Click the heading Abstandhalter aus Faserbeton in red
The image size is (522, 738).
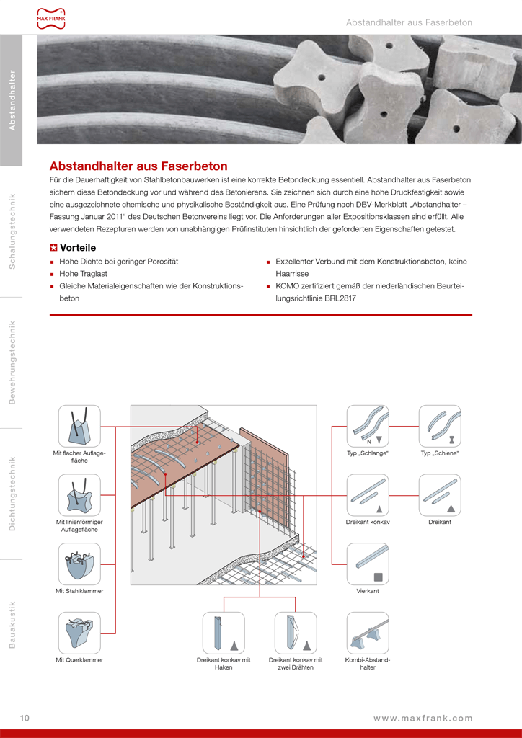pyautogui.click(x=138, y=166)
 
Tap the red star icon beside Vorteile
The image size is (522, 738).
pyautogui.click(x=53, y=247)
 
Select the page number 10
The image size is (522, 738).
pyautogui.click(x=25, y=718)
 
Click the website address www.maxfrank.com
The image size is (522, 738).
pyautogui.click(x=423, y=718)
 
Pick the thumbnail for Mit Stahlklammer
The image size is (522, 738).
pyautogui.click(x=79, y=564)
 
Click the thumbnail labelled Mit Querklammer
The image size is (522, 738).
pyautogui.click(x=79, y=633)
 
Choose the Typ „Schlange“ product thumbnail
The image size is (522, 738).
pyautogui.click(x=368, y=426)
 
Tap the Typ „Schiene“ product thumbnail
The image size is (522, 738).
pyautogui.click(x=440, y=426)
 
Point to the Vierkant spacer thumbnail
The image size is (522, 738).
pyautogui.click(x=368, y=564)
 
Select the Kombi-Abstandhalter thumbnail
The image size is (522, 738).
pyautogui.click(x=368, y=633)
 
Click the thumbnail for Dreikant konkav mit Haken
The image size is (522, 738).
pyautogui.click(x=224, y=633)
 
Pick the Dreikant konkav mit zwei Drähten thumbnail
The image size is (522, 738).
pyautogui.click(x=296, y=633)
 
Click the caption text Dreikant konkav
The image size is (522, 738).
pyautogui.click(x=368, y=522)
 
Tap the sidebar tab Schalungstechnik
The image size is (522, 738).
pyautogui.click(x=12, y=231)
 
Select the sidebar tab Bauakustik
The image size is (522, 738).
pyautogui.click(x=12, y=624)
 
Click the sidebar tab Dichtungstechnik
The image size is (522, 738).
pyautogui.click(x=12, y=494)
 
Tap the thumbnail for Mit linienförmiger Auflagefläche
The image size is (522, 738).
pyautogui.click(x=79, y=495)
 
